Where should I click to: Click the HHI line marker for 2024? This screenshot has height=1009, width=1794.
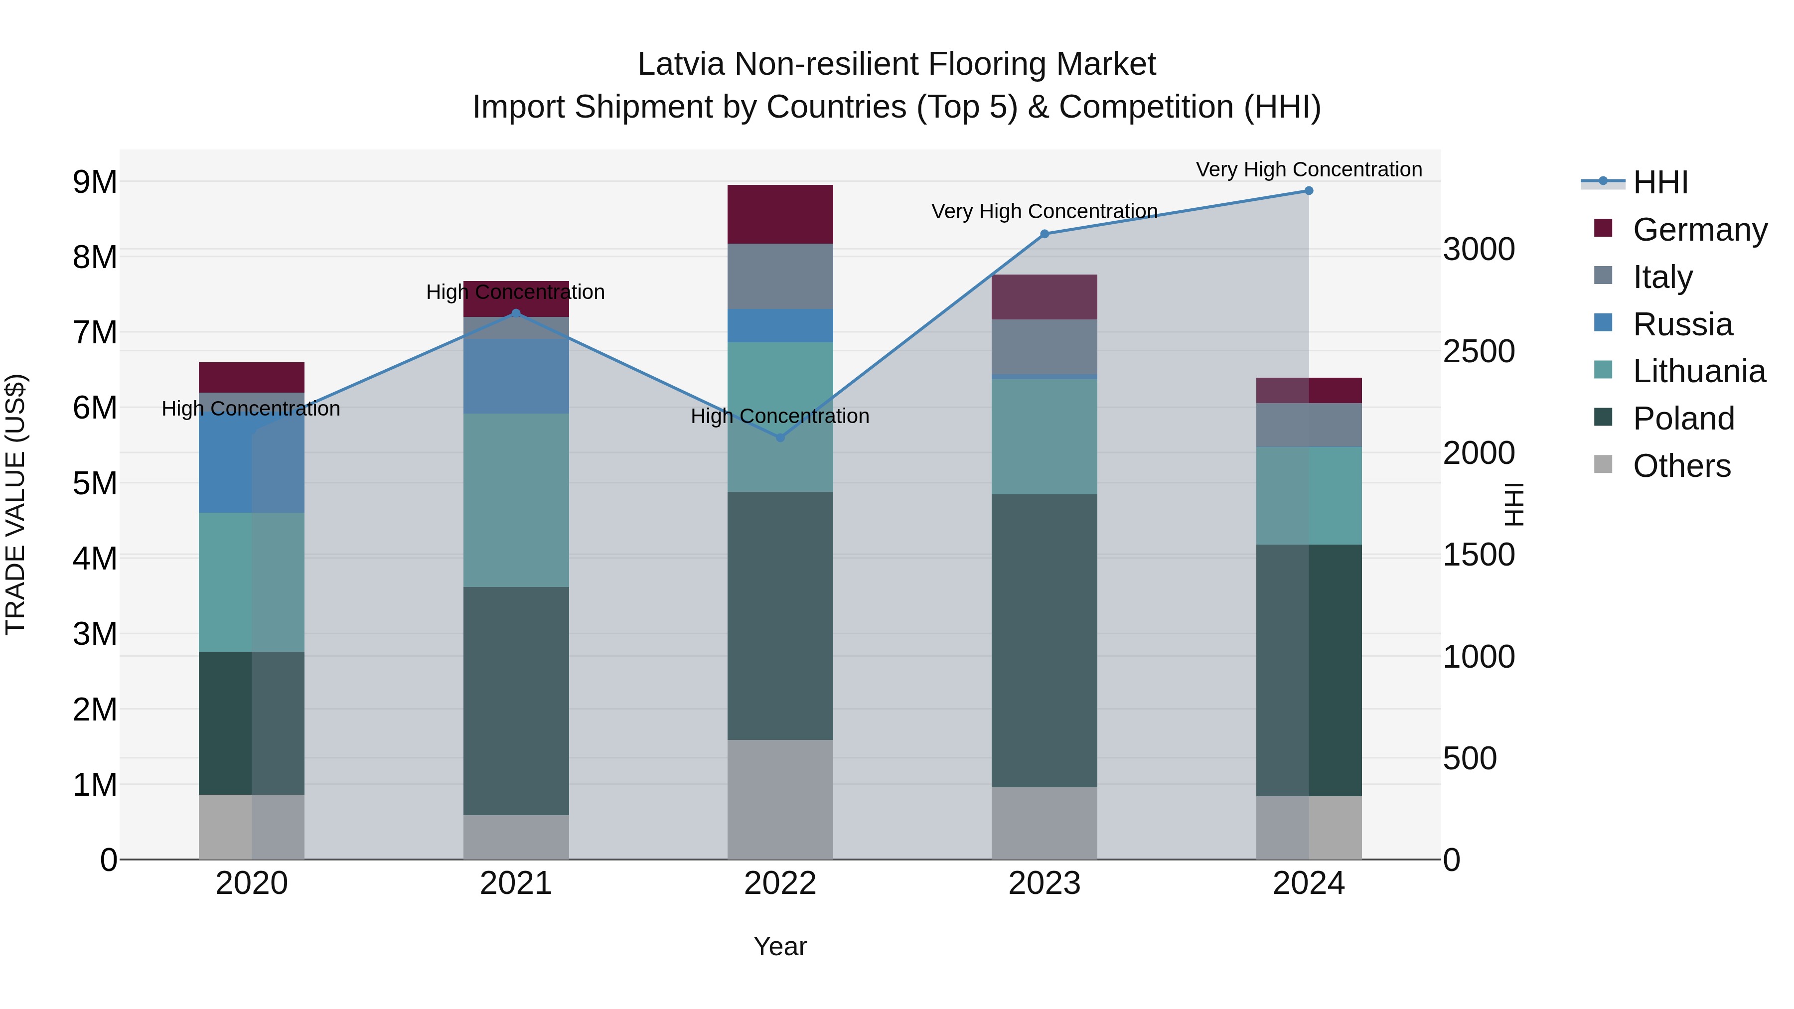pos(1309,191)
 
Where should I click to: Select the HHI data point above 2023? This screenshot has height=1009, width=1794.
pos(1044,234)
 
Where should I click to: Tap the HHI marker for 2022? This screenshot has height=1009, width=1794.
pos(780,437)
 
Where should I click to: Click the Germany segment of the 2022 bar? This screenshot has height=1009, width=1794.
pos(780,214)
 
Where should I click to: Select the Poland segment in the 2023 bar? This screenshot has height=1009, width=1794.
pos(1044,641)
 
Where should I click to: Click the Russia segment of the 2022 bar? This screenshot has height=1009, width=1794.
pos(780,326)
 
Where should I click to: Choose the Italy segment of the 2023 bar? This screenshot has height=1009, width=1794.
pos(1044,347)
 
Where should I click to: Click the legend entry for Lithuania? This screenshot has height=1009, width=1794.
pos(1698,371)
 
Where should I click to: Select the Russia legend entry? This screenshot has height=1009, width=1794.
pos(1681,324)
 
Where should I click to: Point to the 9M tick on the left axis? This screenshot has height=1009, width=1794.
pos(95,182)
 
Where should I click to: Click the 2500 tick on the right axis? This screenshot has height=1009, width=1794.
pos(1479,352)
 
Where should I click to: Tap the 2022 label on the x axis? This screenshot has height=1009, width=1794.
pos(780,883)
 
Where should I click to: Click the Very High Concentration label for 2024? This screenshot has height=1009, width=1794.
pos(1309,169)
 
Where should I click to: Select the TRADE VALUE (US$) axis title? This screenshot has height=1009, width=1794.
pos(15,504)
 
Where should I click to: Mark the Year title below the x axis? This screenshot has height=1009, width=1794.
pos(780,946)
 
